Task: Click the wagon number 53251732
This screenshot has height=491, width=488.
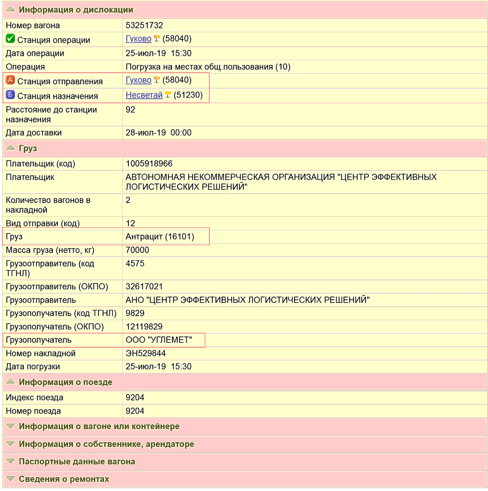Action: click(144, 25)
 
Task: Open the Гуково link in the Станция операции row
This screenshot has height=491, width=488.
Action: click(138, 39)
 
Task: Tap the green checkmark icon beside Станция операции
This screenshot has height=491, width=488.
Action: click(10, 39)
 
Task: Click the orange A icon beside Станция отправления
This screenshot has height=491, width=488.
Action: click(10, 81)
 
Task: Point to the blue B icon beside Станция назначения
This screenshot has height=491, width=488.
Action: click(10, 95)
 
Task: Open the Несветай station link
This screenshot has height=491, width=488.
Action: click(144, 95)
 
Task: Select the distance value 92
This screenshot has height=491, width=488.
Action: click(130, 110)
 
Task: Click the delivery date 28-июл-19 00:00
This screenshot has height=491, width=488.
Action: click(158, 133)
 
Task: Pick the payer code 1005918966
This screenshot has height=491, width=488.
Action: click(149, 164)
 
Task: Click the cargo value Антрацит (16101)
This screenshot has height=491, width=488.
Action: click(160, 237)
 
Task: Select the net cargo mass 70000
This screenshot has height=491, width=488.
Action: click(137, 250)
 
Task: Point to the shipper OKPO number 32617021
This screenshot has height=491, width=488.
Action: click(144, 286)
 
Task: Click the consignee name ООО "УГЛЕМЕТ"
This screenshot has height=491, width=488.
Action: click(159, 340)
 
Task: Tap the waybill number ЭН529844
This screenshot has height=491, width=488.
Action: click(146, 353)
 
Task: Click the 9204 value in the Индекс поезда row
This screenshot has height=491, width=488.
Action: click(135, 397)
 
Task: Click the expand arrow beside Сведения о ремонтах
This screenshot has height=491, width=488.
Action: click(10, 479)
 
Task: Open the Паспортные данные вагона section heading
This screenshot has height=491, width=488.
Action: click(77, 462)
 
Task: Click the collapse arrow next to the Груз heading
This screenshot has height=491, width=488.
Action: click(10, 148)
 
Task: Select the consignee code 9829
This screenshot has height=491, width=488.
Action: click(135, 313)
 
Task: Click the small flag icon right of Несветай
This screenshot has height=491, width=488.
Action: click(168, 95)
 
